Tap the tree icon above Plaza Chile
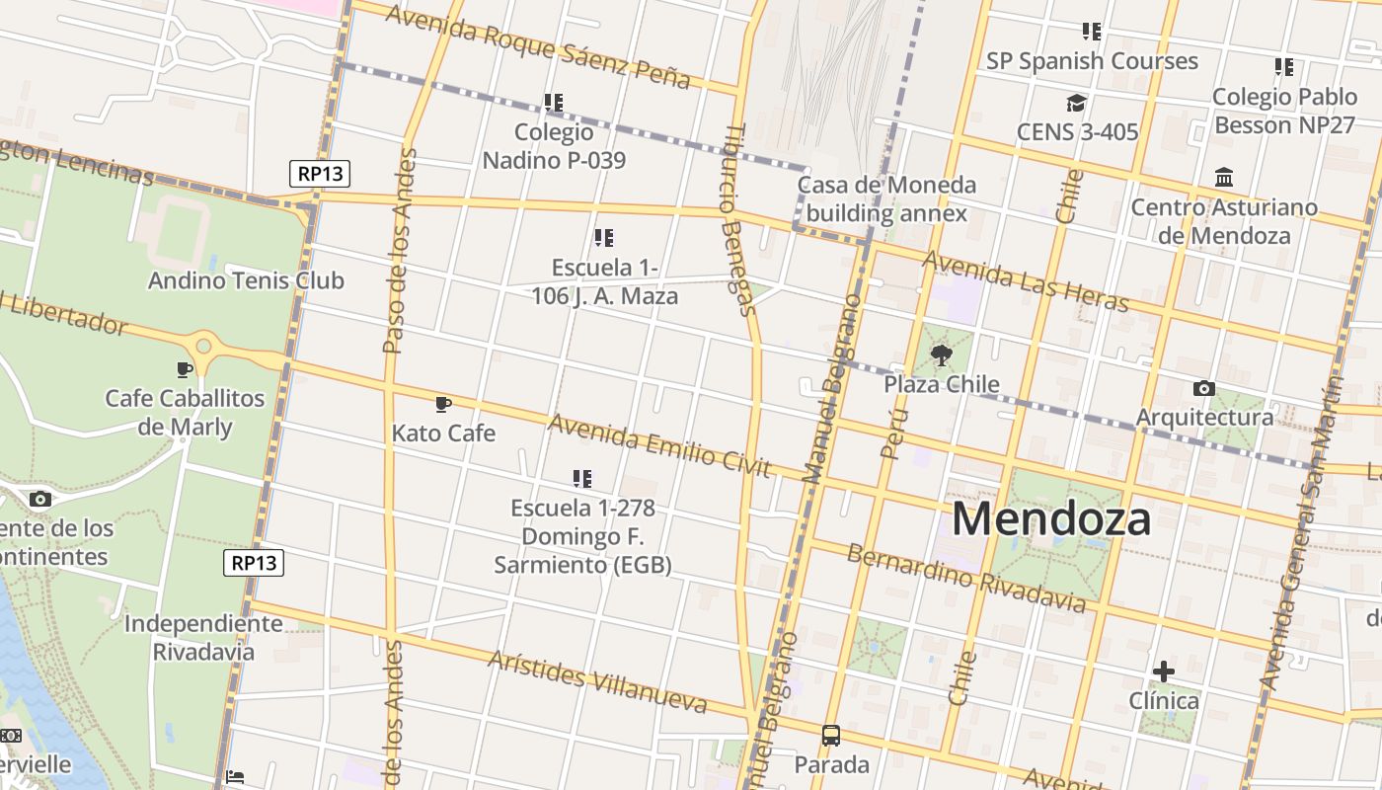(942, 355)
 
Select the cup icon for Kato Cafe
(443, 404)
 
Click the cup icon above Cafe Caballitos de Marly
(185, 369)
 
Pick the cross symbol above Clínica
(1164, 671)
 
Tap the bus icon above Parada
(831, 736)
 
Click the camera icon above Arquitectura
(1203, 388)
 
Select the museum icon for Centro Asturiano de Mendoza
(1224, 178)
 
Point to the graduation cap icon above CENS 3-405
(1076, 103)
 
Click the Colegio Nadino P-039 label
(554, 146)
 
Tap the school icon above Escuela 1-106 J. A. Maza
(604, 238)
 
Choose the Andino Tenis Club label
(246, 280)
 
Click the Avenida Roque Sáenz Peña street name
(537, 45)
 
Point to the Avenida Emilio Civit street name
(658, 445)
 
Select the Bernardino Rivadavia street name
(965, 577)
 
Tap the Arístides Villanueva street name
(597, 682)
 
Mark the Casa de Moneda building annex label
(886, 198)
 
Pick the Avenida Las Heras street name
(1025, 280)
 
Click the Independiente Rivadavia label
(203, 638)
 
